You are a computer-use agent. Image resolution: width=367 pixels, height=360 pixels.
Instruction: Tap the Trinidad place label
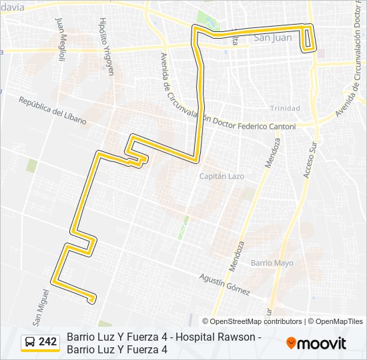[x=285, y=108]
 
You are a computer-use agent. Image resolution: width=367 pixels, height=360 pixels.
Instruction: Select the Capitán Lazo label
[x=222, y=176]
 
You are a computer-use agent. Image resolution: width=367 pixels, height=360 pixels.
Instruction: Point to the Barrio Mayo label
[x=272, y=263]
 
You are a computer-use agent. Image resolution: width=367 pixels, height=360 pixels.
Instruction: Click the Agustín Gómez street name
[x=224, y=285]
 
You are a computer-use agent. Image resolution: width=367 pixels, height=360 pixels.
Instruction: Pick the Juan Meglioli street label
[x=61, y=39]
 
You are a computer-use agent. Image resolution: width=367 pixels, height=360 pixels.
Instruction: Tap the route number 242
[x=48, y=342]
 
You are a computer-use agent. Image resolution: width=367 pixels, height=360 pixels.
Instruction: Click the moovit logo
[x=316, y=343]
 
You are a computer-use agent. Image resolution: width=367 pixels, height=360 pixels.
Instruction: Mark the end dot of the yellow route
[x=91, y=301]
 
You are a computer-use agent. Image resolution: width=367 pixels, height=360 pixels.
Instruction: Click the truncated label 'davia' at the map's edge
[x=12, y=7]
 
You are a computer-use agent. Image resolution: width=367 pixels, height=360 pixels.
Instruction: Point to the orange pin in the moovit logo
[x=291, y=343]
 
